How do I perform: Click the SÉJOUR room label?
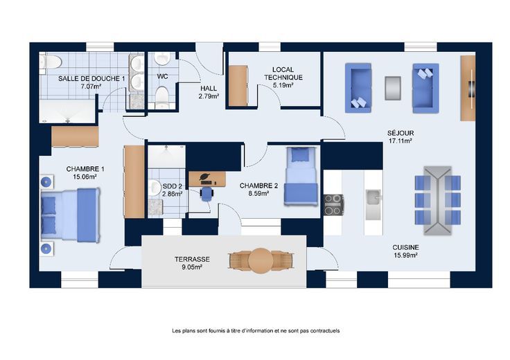[x=401, y=133]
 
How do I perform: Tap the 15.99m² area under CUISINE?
[x=405, y=255]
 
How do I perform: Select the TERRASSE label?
[x=192, y=260]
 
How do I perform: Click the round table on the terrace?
[x=261, y=260]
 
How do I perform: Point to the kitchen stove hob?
[x=333, y=205]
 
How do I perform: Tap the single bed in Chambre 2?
[x=301, y=176]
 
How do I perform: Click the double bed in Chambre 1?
[x=70, y=215]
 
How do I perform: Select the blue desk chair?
[x=206, y=194]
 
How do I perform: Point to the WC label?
[x=162, y=76]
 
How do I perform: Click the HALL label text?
[x=209, y=89]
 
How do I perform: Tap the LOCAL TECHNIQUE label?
[x=283, y=73]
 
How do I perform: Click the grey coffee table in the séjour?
[x=393, y=88]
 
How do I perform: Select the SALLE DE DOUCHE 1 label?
[x=91, y=79]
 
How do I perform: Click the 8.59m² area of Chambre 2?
[x=258, y=194]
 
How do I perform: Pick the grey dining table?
[x=438, y=201]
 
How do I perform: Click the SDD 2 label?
[x=173, y=186]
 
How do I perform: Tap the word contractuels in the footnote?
[x=325, y=331]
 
